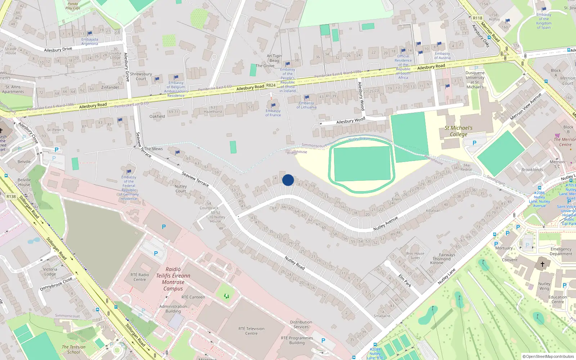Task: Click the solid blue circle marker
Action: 288,180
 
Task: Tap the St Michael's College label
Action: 458,131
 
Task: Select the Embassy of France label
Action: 273,113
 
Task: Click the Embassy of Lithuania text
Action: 306,105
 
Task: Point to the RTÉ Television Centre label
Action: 251,331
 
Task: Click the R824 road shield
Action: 271,85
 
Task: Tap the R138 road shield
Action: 11,197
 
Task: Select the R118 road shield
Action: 477,18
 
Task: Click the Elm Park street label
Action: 405,280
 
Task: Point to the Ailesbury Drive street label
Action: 58,49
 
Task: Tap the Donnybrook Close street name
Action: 56,284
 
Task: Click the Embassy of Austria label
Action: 442,55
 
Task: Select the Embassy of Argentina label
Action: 90,41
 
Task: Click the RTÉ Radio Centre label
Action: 140,277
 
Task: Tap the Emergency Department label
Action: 561,251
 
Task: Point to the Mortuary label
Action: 504,248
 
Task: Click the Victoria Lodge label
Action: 50,271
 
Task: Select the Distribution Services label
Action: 301,324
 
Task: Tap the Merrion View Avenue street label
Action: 526,107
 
